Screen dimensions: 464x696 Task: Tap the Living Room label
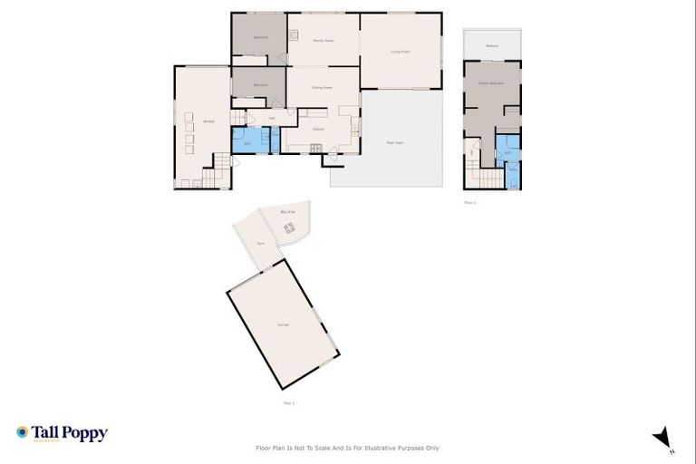point(401,52)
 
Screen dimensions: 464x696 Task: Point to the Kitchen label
point(318,130)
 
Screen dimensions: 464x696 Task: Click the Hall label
point(272,119)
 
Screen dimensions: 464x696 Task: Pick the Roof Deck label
point(394,142)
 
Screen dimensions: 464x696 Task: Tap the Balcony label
point(492,45)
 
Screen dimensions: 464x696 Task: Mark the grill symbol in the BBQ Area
point(289,228)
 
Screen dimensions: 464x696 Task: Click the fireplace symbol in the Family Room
point(294,36)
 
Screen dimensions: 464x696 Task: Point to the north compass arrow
point(662,437)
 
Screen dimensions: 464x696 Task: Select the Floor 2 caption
point(469,202)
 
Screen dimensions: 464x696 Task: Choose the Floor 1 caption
point(288,401)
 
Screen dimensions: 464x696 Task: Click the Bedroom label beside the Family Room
point(261,37)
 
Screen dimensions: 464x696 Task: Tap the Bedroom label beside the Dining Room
point(260,85)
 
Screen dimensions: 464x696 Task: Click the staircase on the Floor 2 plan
point(479,179)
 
